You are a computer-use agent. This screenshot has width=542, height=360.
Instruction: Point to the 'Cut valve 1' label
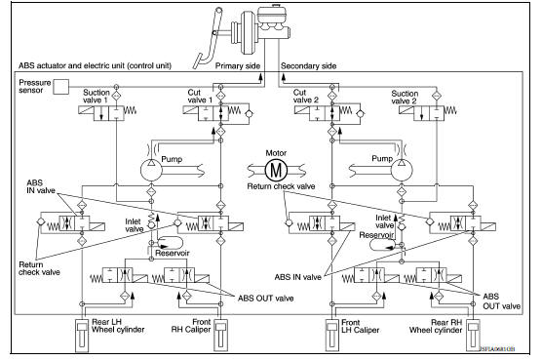pos(200,95)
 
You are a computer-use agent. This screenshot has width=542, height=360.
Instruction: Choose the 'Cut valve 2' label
pos(307,95)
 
